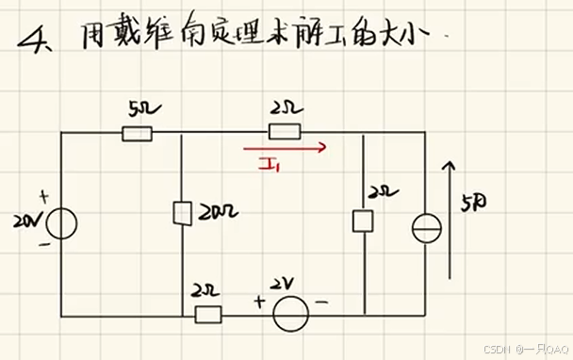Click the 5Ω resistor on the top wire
click(x=137, y=134)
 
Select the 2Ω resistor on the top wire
click(x=284, y=134)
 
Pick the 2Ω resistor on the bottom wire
click(x=207, y=314)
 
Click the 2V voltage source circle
click(x=290, y=313)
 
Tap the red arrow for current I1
click(x=285, y=148)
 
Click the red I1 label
click(x=271, y=167)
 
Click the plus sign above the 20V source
click(x=43, y=198)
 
